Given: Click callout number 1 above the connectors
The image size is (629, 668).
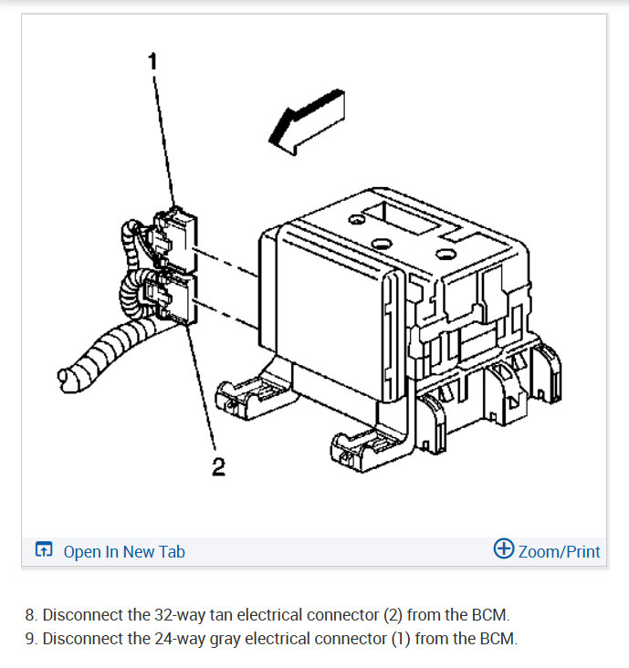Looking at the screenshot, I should coord(152,61).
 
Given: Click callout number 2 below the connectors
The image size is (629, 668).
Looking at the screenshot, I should coord(218,467).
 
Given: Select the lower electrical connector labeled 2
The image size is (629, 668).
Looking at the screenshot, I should coord(173,296).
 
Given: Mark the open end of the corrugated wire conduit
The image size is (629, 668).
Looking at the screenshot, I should coord(65,375).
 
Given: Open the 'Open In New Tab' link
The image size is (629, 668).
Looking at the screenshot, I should coord(124,551).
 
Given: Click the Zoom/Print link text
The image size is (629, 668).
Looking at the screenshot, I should coord(559,551).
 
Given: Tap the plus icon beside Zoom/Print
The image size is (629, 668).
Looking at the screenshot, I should coord(503,549).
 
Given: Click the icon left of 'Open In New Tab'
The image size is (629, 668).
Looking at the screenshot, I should coord(44,550).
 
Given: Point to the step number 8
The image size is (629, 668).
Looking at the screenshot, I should coord(31,614).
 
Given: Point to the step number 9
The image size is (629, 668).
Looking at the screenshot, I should coord(31,639).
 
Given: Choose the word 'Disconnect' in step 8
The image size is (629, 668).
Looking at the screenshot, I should coord(85,614).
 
